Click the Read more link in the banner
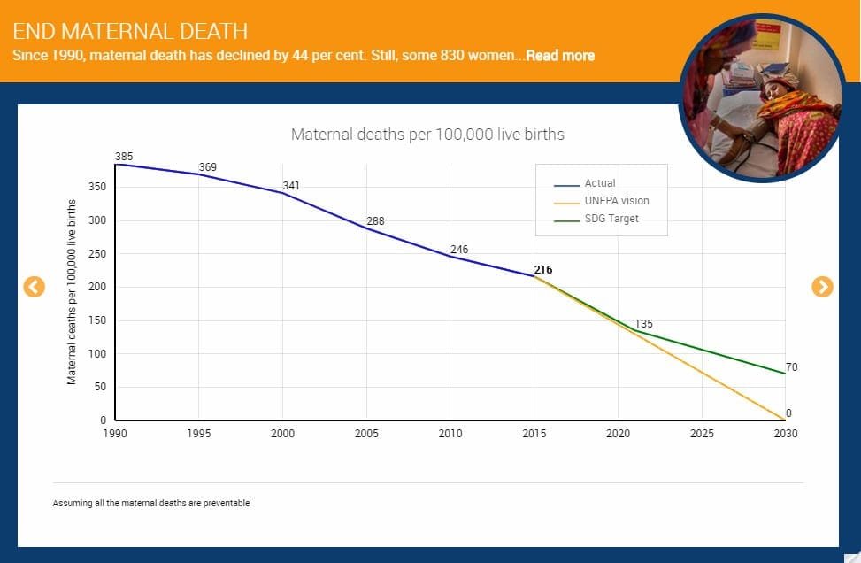(x=559, y=55)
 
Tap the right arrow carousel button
(x=822, y=286)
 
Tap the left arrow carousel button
(x=34, y=286)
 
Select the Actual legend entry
(x=599, y=183)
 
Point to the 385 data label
(x=124, y=157)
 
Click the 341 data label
(x=291, y=186)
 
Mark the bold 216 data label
(x=542, y=269)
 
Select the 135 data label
(x=643, y=324)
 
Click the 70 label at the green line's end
(x=791, y=367)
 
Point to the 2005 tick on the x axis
(x=366, y=434)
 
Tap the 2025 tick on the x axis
(x=702, y=434)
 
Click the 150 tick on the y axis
(x=99, y=320)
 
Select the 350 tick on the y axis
(x=99, y=187)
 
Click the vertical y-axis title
(x=72, y=291)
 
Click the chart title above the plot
(x=427, y=135)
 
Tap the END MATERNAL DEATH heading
(x=130, y=32)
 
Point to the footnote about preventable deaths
(x=151, y=503)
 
